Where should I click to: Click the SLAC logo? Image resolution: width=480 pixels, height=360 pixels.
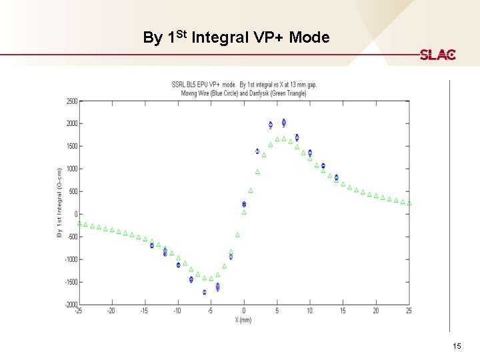(437, 55)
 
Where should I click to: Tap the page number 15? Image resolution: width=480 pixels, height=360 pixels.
(457, 346)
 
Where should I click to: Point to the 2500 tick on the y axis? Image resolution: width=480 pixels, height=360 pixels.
(70, 101)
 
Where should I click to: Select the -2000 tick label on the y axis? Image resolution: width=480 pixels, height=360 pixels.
(69, 305)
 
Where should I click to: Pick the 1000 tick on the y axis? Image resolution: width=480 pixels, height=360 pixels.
(70, 169)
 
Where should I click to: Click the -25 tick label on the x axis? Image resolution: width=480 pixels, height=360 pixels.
(79, 311)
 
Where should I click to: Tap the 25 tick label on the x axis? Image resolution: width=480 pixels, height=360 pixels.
(409, 311)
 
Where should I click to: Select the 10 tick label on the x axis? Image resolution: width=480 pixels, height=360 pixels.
(310, 311)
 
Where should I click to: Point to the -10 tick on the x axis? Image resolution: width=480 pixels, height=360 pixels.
(177, 311)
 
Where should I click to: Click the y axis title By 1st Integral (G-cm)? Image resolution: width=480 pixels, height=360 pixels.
(59, 203)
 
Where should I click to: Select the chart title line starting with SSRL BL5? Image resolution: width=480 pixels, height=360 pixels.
(244, 85)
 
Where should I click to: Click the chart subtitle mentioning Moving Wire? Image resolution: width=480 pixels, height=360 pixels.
(244, 93)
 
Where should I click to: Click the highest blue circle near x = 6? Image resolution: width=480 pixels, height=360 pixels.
(284, 122)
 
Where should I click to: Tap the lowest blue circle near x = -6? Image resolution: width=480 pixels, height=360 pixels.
(205, 292)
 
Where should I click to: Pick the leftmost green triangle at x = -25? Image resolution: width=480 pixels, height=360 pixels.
(79, 223)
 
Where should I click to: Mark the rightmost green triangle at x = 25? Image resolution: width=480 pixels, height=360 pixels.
(409, 203)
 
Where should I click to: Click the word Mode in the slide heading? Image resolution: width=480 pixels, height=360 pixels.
(309, 37)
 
